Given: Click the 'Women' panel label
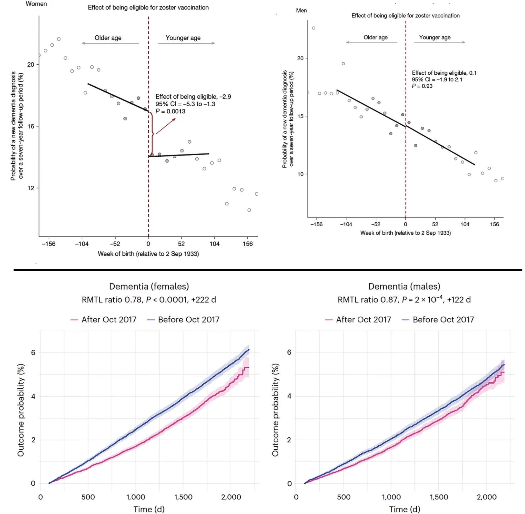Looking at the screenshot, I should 36,4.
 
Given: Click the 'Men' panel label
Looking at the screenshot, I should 301,10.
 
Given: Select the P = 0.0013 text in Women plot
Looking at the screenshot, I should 170,112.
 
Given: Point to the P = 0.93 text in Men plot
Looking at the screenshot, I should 422,86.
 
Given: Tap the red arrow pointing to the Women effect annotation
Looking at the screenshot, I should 165,126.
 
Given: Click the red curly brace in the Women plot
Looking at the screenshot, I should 152,134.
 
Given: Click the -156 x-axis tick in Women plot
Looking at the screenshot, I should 49,244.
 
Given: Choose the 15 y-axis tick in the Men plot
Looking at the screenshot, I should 300,116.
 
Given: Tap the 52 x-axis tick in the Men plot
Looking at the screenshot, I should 435,224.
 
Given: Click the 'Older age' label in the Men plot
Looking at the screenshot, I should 375,37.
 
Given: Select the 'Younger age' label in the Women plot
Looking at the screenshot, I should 183,38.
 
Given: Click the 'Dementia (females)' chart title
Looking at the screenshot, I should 149,286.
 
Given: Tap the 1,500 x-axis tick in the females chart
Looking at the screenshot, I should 183,497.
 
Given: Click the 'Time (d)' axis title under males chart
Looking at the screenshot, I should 404,509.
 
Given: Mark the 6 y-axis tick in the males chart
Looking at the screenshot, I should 289,352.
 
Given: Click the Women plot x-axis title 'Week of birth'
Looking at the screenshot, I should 148,254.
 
